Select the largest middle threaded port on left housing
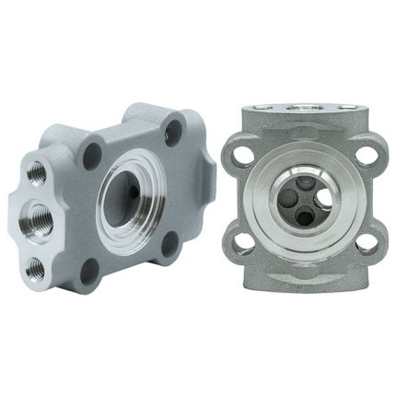39,218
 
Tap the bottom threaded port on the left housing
36,267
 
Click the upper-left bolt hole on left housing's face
92,153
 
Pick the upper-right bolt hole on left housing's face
173,132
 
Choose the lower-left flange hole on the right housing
241,244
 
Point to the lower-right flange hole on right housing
366,244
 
